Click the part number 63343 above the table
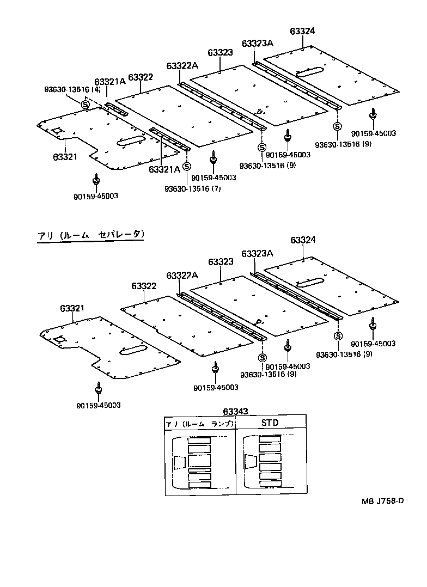(x=235, y=411)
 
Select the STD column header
(x=270, y=423)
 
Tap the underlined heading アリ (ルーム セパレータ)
(x=91, y=235)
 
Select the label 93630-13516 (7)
(x=185, y=188)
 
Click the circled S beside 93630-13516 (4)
(x=85, y=104)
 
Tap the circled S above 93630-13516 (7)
(x=186, y=167)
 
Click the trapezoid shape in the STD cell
(x=251, y=461)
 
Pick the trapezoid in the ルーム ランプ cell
(x=179, y=462)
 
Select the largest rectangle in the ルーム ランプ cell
(x=199, y=461)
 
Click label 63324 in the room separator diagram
(x=303, y=240)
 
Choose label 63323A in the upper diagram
(x=257, y=42)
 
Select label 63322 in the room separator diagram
(x=144, y=286)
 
